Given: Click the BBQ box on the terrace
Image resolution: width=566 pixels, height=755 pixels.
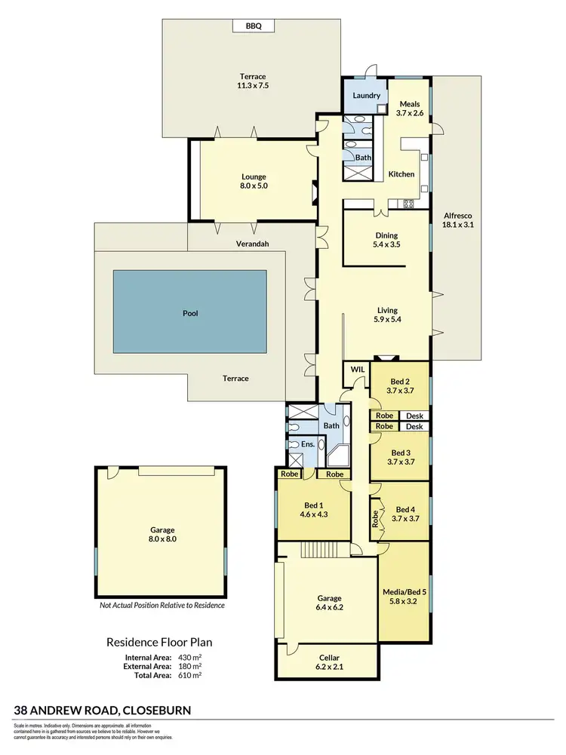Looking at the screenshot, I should tap(252, 26).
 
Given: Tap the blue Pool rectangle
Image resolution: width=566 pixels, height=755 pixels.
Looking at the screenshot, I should tap(189, 312).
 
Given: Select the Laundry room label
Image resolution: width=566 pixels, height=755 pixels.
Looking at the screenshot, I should tap(365, 96).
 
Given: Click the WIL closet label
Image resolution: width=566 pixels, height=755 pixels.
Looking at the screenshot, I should tap(356, 370).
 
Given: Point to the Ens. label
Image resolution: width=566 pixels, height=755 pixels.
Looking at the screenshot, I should tap(308, 444).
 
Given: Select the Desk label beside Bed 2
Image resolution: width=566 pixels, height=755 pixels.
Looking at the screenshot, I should tap(414, 416).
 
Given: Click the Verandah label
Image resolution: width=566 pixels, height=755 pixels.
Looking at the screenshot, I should tap(253, 243).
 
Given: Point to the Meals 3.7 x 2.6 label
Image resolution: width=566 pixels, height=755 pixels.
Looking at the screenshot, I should tap(410, 109).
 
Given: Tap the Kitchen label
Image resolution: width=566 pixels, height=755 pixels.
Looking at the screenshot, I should tap(401, 174).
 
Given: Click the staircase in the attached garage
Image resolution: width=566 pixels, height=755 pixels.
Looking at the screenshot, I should tap(318, 550).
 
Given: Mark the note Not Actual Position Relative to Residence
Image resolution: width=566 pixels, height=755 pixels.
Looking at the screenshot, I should tap(162, 605).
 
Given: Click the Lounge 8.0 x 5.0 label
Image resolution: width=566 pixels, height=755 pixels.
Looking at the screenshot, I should tap(254, 182).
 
